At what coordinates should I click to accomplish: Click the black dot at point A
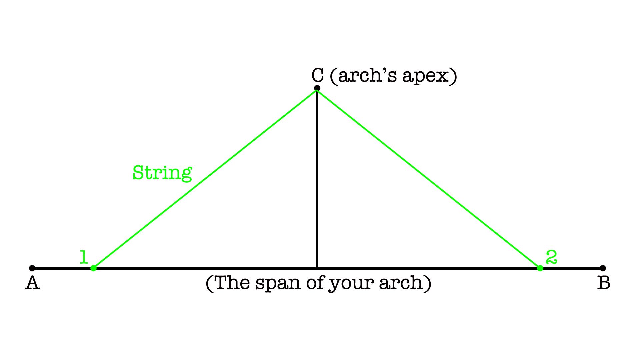coord(32,268)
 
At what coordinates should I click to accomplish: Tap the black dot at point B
coord(602,268)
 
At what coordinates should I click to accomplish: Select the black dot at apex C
coord(317,88)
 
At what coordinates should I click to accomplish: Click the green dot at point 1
coord(93,268)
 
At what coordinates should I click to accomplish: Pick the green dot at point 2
coord(540,268)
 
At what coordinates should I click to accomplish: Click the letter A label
coord(33,283)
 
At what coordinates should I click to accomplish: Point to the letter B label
coord(604,283)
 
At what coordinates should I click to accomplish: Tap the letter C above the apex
coord(318,75)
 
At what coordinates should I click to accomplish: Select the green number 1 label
coord(83,257)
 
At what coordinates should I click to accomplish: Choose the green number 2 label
coord(551,257)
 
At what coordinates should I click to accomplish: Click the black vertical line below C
coord(317,179)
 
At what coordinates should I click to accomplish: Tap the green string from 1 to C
coord(205,179)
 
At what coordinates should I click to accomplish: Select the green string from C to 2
coord(428,179)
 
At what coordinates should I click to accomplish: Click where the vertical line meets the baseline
coord(317,268)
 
